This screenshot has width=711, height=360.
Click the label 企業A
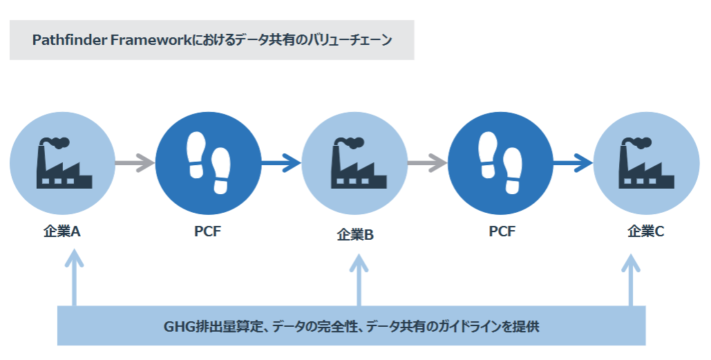pos(62,231)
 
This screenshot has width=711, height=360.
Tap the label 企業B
pos(355,235)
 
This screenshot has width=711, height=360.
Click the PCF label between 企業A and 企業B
pos(207,231)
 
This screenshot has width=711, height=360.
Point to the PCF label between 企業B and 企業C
pos(502,231)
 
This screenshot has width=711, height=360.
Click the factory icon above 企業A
pos(63,163)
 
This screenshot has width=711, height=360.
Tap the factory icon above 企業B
pos(355,163)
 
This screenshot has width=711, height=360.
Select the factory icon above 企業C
pos(645,163)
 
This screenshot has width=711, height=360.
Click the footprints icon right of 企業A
pos(207,163)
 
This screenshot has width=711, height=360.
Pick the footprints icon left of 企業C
pos(502,163)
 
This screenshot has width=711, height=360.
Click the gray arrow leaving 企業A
pos(135,164)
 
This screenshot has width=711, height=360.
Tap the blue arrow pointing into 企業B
pos(281,164)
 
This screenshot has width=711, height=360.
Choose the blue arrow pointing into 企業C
pos(573,164)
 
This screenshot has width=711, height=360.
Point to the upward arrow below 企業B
pos(359,280)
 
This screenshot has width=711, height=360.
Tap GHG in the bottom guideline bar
pos(178,326)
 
